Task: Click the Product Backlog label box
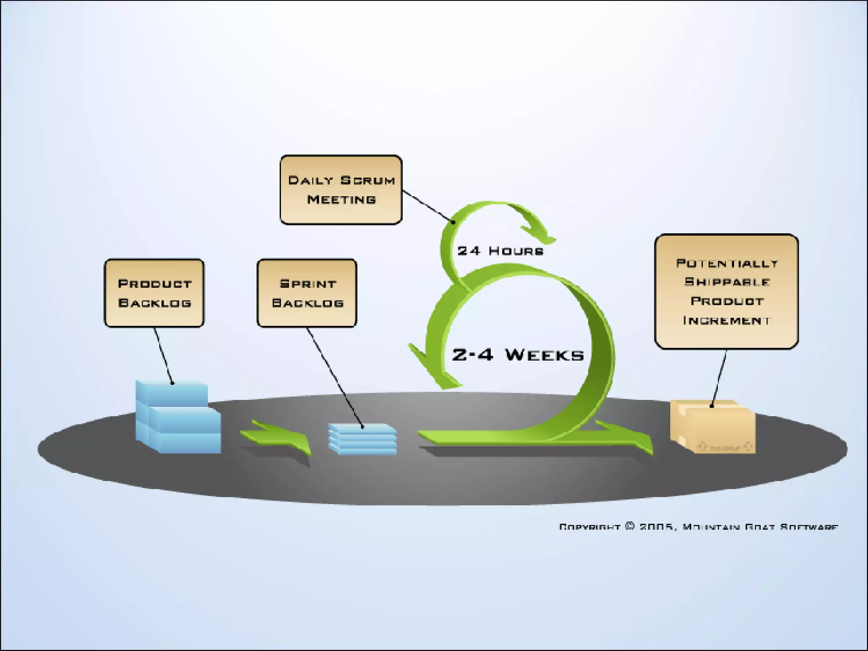pos(154,293)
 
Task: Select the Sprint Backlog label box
pos(307,293)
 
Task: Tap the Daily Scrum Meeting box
pos(341,189)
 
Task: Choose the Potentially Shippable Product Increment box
pos(726,291)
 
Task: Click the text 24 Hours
pos(500,251)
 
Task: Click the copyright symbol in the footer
pos(630,526)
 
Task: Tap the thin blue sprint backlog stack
pos(363,439)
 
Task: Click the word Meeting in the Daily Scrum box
pos(341,199)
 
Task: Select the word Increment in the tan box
pos(726,320)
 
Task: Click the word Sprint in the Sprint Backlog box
pos(308,284)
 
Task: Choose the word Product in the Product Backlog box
pos(155,284)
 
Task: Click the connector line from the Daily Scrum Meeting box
pos(427,206)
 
